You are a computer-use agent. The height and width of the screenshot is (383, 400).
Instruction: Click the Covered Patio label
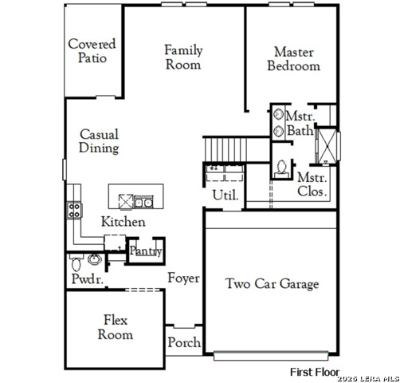92,51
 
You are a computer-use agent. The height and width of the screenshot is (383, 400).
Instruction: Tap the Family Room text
183,57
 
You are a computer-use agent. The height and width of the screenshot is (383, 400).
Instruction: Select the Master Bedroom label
293,58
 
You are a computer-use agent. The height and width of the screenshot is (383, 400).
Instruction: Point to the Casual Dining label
100,141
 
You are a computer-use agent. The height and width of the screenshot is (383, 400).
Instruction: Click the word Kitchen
123,222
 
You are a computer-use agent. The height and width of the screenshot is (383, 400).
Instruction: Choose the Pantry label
146,251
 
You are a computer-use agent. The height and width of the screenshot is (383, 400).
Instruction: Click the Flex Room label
115,327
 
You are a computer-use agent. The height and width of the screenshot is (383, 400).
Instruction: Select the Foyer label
183,278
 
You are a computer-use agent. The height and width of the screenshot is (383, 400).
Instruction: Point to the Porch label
183,342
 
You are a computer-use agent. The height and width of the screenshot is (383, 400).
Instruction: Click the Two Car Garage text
272,283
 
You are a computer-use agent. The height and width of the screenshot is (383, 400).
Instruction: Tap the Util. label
222,195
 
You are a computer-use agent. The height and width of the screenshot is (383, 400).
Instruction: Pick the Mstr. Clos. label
312,184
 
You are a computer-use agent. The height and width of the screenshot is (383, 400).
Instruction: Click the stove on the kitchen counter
74,211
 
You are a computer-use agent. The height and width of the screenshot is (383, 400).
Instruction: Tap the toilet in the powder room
77,261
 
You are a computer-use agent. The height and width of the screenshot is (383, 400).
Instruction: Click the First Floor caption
314,372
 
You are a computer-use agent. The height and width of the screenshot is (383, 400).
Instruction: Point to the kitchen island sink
143,201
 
